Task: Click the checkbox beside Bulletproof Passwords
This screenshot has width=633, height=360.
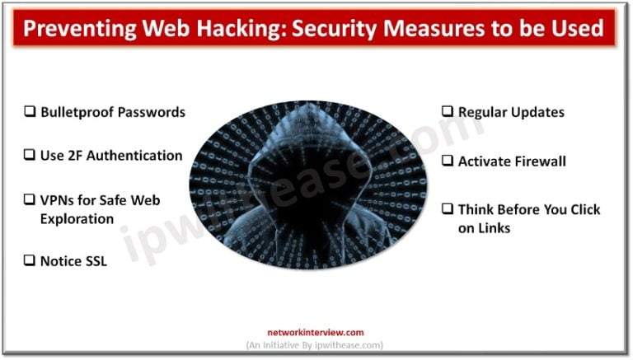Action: [30, 113]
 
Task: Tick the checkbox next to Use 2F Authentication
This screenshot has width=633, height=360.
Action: [30, 156]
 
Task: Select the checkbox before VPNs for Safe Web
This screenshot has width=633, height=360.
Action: [30, 200]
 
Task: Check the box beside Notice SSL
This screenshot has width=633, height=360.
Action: [30, 261]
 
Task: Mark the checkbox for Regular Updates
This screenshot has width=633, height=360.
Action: [448, 112]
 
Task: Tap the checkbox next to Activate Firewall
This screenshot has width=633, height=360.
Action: [448, 161]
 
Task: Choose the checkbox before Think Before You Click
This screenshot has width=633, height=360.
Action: [448, 210]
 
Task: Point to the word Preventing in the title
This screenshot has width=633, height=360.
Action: [72, 30]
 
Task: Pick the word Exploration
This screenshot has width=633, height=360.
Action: [77, 220]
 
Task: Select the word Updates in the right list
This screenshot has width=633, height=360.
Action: [537, 112]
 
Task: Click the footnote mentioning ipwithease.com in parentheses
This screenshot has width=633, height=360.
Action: [316, 345]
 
